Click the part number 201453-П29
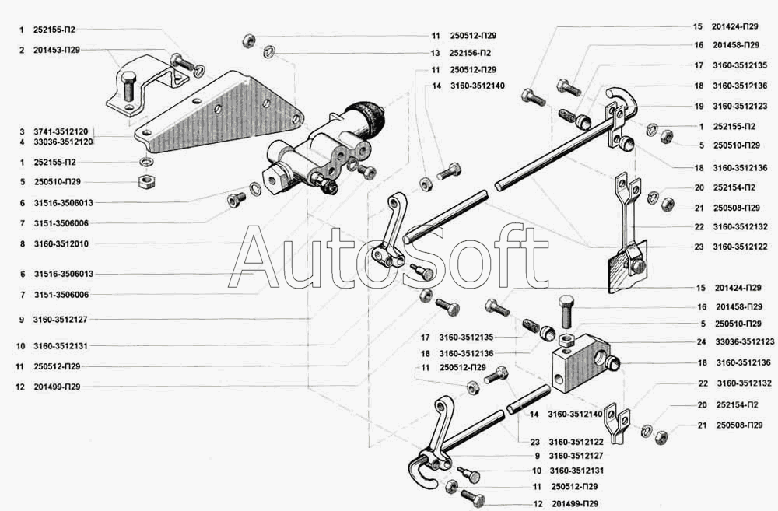(57, 50)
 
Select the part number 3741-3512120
(63, 132)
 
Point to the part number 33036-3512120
(63, 142)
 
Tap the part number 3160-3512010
(61, 243)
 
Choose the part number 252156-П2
(469, 53)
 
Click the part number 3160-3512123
(739, 106)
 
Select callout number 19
(699, 106)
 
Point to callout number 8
(22, 243)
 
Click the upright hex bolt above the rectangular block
(566, 311)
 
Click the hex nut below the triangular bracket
(144, 182)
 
